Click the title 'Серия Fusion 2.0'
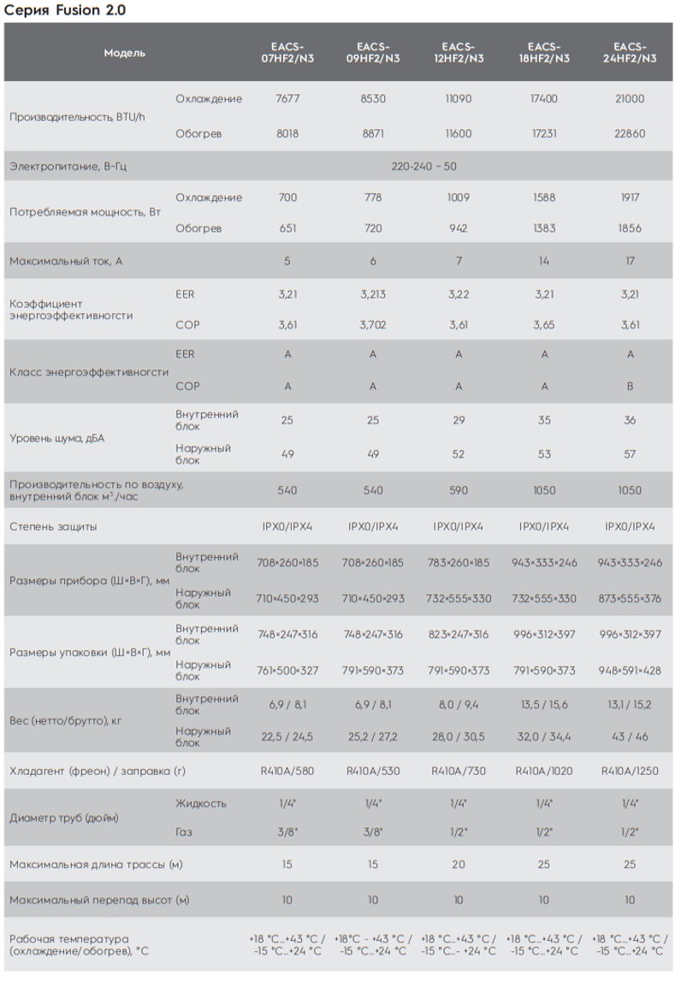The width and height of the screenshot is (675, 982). [x=64, y=10]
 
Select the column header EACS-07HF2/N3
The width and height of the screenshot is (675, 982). [x=287, y=53]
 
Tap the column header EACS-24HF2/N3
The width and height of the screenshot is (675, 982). [x=630, y=53]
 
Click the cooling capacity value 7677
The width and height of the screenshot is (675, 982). [x=287, y=98]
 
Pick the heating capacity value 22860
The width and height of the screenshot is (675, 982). [x=630, y=133]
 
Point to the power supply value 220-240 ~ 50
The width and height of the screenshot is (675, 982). [x=424, y=167]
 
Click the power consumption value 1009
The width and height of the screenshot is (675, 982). [x=459, y=198]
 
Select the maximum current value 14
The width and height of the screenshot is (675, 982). [x=543, y=261]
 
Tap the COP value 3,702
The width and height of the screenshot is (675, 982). [x=372, y=325]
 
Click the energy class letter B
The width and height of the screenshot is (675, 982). [x=630, y=387]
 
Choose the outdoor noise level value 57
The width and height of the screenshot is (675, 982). [x=630, y=454]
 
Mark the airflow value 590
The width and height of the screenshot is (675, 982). [x=459, y=490]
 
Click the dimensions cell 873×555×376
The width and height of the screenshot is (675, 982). [x=630, y=599]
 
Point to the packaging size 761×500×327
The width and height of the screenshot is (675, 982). [x=287, y=671]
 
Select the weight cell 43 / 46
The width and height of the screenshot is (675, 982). [x=630, y=737]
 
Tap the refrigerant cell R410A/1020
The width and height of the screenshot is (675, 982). [x=543, y=771]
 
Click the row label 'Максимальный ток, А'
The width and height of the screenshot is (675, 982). [x=66, y=261]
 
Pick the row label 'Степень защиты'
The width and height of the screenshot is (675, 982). [x=53, y=527]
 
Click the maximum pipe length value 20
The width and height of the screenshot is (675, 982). [x=459, y=864]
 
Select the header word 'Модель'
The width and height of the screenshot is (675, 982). [x=125, y=53]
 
